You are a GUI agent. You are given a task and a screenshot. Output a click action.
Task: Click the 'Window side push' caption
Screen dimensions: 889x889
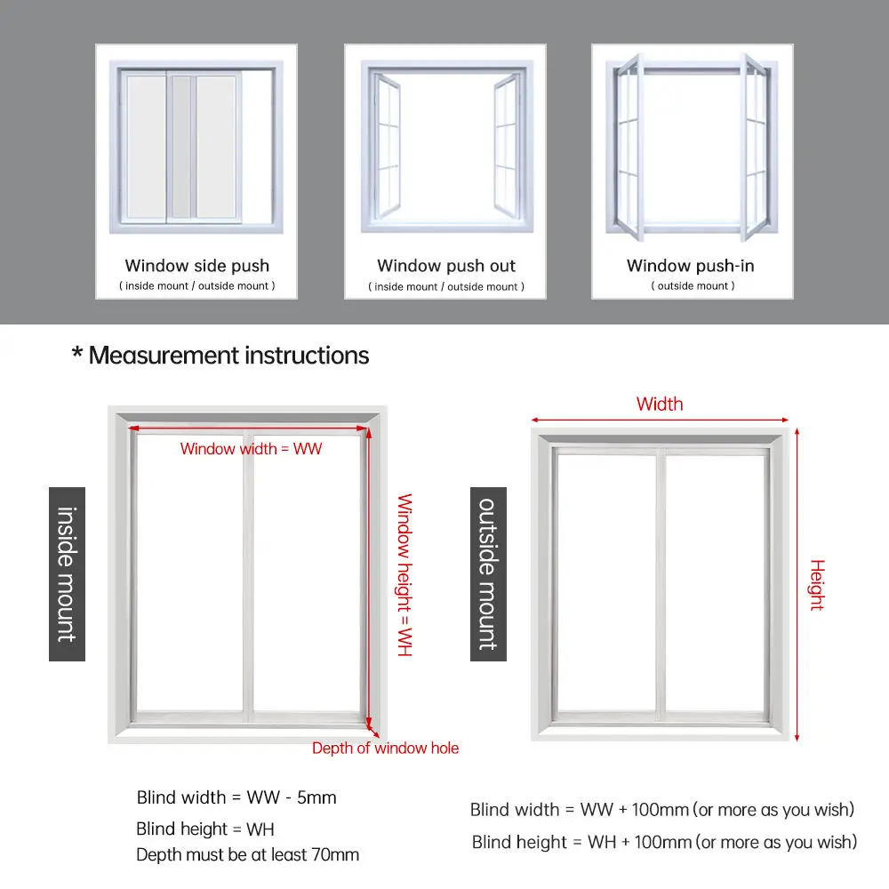point(196,265)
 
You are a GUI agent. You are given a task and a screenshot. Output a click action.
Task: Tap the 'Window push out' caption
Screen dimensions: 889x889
point(445,265)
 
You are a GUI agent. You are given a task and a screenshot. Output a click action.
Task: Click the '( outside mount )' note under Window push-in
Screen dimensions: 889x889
point(693,286)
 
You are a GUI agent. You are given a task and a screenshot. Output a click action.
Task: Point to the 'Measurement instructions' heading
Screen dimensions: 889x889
point(228,356)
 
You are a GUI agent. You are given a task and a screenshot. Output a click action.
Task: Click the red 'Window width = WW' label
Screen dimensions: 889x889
point(251,449)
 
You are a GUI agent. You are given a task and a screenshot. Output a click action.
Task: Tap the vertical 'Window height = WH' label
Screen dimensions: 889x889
point(404,575)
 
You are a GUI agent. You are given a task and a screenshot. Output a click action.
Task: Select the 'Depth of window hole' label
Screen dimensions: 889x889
point(385,749)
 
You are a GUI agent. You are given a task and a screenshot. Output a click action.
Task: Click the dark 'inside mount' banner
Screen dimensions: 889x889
point(67,573)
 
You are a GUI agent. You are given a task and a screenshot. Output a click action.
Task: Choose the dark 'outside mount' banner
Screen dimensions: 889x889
point(488,573)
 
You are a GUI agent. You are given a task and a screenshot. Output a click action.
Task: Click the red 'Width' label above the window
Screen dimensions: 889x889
point(660,404)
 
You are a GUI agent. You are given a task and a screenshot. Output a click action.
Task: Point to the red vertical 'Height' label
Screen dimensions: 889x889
point(817,584)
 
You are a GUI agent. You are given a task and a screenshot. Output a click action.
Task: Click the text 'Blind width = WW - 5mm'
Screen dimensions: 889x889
point(236,797)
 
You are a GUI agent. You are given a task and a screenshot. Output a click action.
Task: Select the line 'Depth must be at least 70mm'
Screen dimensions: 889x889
point(247,855)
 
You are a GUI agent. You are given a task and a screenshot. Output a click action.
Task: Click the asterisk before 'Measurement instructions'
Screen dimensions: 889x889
point(76,356)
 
